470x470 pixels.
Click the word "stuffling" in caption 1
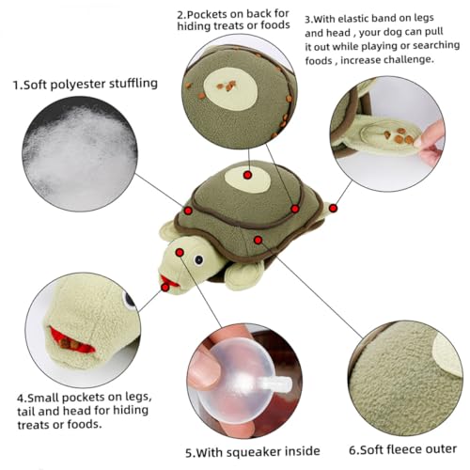pos(133,84)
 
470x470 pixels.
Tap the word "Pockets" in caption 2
pos(207,15)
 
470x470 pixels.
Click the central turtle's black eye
pos(198,259)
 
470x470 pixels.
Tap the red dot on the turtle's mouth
pos(165,287)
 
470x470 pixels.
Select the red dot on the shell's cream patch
pos(247,175)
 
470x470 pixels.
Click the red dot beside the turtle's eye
pos(180,252)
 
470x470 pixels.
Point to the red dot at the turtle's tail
pos(334,208)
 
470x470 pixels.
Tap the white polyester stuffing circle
pos(80,153)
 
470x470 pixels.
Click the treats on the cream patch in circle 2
pos(227,86)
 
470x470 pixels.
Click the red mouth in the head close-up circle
pos(71,341)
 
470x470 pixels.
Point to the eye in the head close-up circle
pos(129,300)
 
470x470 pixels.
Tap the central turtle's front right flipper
pos(243,275)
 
